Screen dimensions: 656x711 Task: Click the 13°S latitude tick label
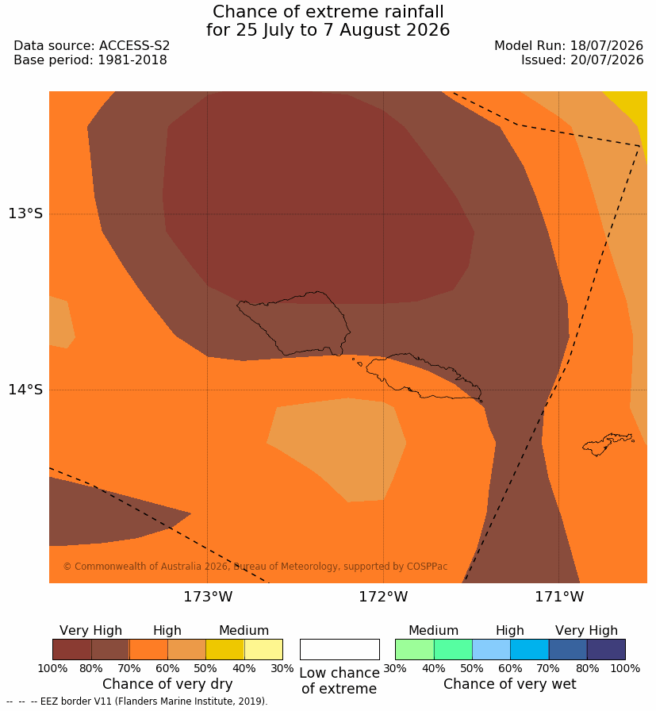[x=25, y=213]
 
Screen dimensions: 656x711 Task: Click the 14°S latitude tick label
[x=25, y=389]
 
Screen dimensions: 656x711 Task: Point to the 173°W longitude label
[x=208, y=596]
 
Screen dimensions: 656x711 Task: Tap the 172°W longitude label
[x=384, y=596]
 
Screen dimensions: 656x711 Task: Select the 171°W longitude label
[x=559, y=596]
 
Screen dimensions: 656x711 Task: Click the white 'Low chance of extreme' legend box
[x=340, y=649]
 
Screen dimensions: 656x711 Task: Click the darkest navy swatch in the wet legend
[x=606, y=649]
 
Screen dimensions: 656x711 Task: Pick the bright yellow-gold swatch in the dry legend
[x=224, y=649]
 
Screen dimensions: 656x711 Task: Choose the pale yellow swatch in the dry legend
[x=263, y=649]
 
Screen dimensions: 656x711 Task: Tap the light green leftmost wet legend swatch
[x=414, y=649]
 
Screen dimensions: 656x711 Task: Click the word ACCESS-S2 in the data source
[x=134, y=46]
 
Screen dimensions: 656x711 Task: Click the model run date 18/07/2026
[x=607, y=46]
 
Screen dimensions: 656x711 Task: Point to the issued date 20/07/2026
[x=607, y=60]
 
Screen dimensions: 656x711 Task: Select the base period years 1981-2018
[x=132, y=60]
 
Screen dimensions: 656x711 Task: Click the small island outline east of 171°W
[x=608, y=444]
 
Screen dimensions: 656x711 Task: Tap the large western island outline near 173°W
[x=293, y=323]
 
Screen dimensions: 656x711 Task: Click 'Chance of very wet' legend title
[x=509, y=684]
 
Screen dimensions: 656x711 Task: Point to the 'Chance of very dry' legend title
[x=167, y=684]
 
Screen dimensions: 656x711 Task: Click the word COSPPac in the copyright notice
[x=427, y=567]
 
